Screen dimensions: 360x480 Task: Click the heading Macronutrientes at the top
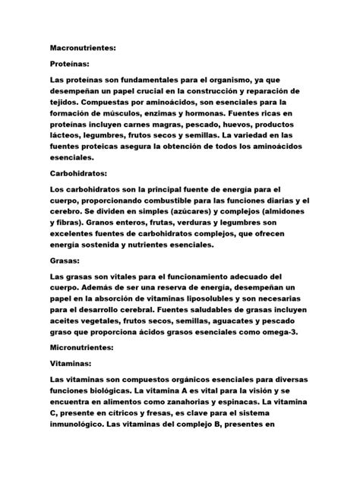[84, 48]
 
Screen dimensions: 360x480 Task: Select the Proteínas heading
[69, 65]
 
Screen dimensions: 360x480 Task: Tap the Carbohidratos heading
[80, 173]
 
